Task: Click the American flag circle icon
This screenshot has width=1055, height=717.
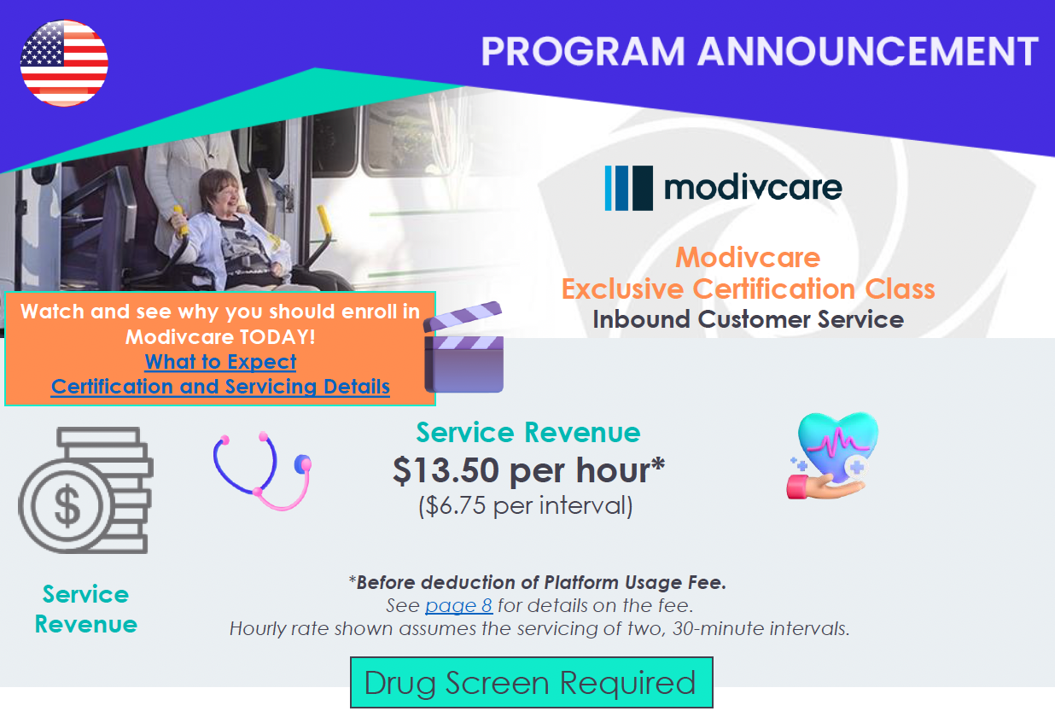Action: pos(64,63)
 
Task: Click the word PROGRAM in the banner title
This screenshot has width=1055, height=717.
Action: pos(583,51)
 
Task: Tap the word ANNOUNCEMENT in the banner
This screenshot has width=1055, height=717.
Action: pos(867,51)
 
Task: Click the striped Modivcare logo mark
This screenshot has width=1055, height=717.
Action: pos(629,188)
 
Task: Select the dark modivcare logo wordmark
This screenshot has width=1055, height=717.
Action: pos(753,188)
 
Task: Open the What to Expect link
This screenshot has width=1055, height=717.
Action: pos(220,362)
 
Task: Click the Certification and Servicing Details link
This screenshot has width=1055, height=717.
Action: pos(220,387)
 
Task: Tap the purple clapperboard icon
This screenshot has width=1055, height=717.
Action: pos(464,347)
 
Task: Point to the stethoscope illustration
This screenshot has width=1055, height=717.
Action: pos(262,471)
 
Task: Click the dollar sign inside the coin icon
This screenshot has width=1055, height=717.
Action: pos(67,505)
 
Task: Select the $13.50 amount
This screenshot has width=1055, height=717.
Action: pos(446,470)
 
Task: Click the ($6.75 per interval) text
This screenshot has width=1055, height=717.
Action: pos(526,506)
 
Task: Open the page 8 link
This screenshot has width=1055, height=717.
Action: pos(458,605)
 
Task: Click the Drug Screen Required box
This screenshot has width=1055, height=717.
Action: pos(531,683)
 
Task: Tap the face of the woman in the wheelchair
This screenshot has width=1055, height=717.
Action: pos(220,192)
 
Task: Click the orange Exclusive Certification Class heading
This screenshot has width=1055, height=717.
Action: pos(748,289)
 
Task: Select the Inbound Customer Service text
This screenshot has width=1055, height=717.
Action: pos(748,319)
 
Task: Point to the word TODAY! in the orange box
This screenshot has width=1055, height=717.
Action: pos(277,337)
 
